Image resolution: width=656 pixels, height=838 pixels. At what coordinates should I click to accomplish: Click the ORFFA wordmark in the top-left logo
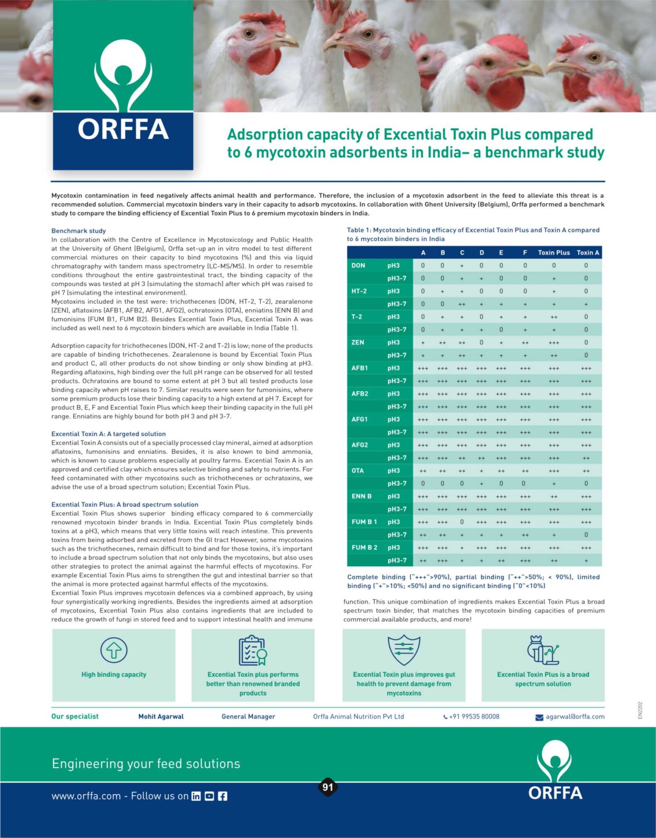coord(123,129)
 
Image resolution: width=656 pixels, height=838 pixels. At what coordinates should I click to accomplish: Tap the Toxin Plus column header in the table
coord(554,252)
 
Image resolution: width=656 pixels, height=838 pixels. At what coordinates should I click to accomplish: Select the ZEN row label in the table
coord(358,342)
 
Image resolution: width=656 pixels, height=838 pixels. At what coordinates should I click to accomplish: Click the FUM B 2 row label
coord(364,547)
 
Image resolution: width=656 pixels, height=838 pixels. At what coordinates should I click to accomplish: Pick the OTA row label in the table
coord(358,471)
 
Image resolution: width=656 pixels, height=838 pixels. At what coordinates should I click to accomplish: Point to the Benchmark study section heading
coord(79,231)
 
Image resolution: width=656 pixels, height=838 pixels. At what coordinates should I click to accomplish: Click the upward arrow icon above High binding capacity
coord(114,650)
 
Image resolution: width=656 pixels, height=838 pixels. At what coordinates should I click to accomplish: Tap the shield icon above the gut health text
coord(404,650)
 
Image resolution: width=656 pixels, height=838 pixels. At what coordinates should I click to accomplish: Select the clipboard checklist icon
coord(253,650)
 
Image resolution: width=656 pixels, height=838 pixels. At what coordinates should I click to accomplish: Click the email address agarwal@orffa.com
coord(575,716)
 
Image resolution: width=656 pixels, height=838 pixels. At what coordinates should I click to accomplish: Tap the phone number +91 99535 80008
coord(474,716)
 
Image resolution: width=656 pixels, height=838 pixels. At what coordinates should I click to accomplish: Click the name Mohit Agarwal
coord(161,716)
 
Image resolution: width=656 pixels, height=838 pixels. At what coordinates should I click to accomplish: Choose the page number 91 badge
coord(328,787)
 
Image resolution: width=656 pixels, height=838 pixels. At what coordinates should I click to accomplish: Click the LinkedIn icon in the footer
coord(196,796)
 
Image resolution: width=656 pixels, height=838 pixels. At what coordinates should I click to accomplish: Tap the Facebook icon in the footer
coord(223,796)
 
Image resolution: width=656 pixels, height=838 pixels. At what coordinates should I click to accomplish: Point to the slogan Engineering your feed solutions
coord(146,764)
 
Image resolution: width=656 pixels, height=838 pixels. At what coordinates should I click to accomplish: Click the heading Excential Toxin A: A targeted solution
coord(108,434)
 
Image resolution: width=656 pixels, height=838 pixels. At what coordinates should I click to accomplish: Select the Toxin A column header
coord(588,252)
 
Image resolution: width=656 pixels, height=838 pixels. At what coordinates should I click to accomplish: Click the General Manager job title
coord(248,716)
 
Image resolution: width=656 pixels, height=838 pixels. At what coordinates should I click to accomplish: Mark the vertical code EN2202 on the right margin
coord(640,710)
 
